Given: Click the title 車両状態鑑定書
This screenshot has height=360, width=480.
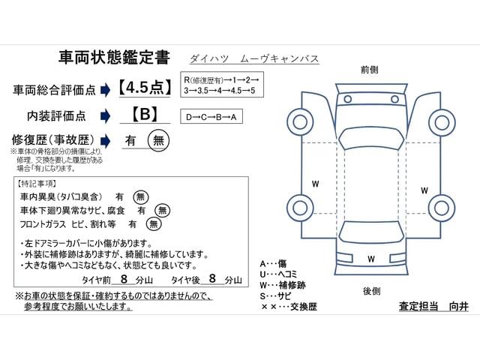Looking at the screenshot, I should click(113, 58).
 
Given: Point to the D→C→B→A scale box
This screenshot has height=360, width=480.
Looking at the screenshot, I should click(213, 116).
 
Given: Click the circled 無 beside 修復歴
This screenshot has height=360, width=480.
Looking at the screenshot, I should click(157, 139).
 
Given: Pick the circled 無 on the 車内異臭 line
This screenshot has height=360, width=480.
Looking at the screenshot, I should click(140, 196).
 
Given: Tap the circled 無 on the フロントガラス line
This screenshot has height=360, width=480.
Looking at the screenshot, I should click(153, 223).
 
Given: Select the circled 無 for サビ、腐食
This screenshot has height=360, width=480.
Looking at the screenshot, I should click(160, 210).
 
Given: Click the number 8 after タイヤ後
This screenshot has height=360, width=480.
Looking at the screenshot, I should click(212, 278).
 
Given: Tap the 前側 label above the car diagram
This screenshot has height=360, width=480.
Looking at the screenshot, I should click(369, 69).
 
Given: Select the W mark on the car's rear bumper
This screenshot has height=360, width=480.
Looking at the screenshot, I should click(370, 259).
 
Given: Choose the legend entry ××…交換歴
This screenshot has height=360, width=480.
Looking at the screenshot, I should click(289, 307).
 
